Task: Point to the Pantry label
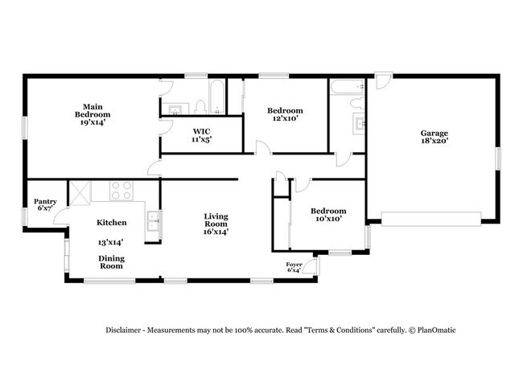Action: click(44, 202)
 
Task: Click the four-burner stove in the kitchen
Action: click(120, 191)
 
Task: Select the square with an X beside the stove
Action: click(80, 191)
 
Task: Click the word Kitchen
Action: click(111, 222)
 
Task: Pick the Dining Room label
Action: click(111, 261)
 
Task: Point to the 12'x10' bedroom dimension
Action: click(285, 119)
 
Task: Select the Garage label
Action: click(434, 134)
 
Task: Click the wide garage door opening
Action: click(430, 216)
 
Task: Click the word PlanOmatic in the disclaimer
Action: click(435, 331)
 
